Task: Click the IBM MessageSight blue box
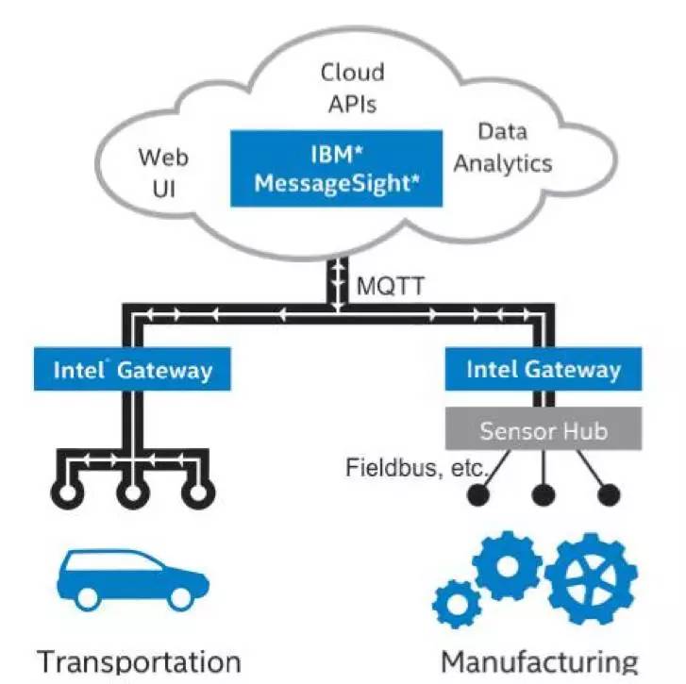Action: pos(337,169)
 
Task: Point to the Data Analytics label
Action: pos(502,147)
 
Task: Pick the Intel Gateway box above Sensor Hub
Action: pos(544,369)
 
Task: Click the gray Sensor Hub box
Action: pos(544,430)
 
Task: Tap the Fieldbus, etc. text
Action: pos(416,467)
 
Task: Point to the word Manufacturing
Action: pos(540,660)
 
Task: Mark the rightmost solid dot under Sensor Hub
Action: pos(609,492)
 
